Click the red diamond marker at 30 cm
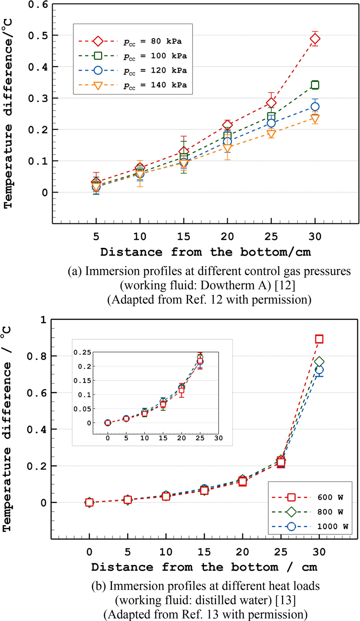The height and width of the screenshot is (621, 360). [315, 39]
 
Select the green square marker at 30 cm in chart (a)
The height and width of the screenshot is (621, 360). [315, 85]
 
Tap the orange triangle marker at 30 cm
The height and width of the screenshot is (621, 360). [315, 118]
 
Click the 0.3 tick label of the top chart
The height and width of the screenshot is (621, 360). [36, 98]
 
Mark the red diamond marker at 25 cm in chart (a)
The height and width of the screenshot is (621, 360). [271, 103]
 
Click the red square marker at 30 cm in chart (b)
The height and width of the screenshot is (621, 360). [319, 339]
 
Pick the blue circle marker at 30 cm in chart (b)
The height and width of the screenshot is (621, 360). [319, 371]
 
